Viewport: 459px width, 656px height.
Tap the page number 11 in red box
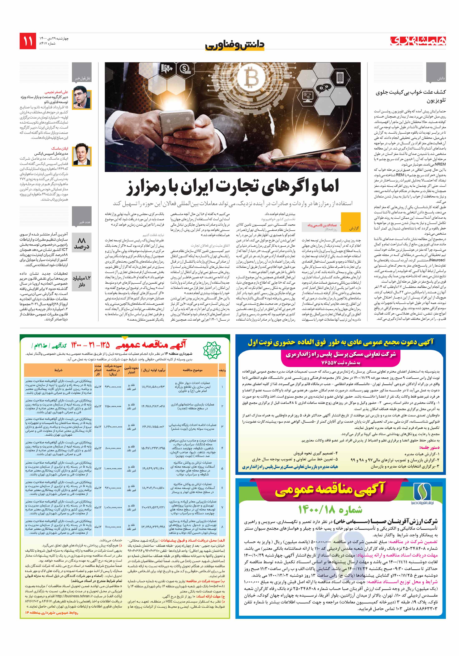pyautogui.click(x=28, y=41)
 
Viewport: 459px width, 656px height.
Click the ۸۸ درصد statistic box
pyautogui.click(x=82, y=242)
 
